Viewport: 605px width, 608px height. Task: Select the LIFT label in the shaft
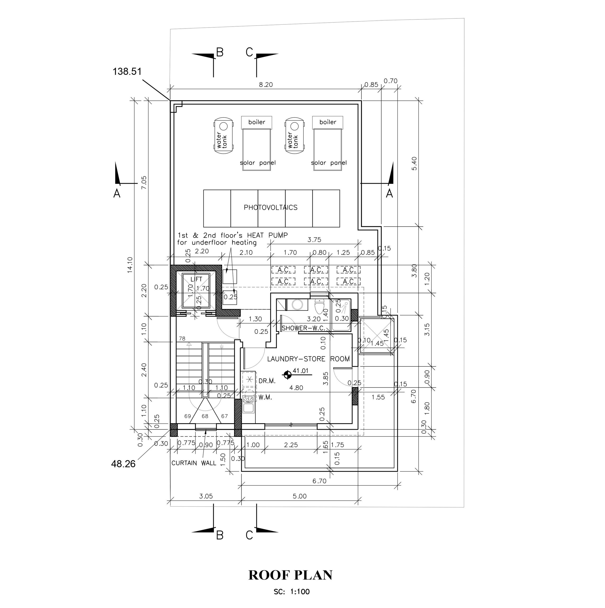[x=197, y=279]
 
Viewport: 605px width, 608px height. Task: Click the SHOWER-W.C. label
[x=303, y=328]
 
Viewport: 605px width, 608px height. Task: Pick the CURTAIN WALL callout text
[x=194, y=463]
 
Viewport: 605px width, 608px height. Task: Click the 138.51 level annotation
[x=127, y=71]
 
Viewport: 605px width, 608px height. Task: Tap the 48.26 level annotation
[x=123, y=464]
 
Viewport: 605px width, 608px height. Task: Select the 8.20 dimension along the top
[x=266, y=84]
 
